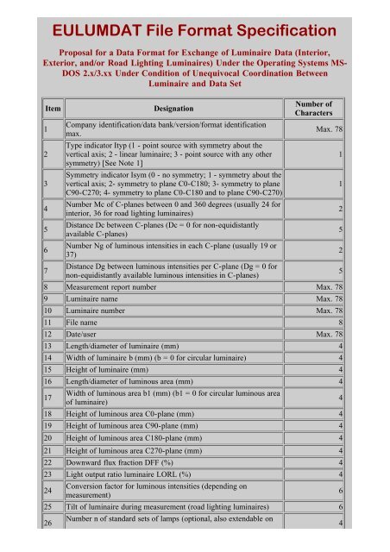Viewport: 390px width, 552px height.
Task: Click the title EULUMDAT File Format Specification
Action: (194, 33)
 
